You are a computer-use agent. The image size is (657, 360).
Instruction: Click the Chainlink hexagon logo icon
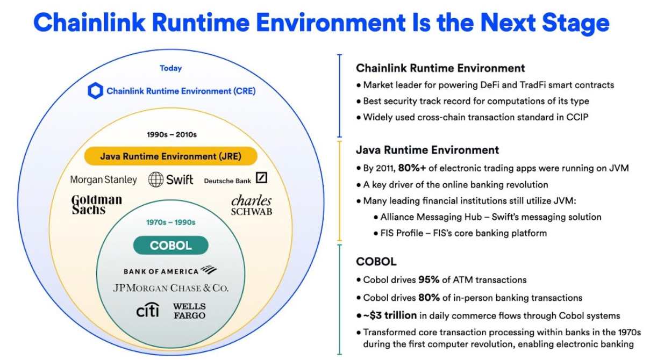coord(95,91)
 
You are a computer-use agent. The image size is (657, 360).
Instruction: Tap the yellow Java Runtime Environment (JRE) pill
coord(171,156)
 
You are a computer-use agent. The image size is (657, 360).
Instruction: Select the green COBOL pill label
coord(171,245)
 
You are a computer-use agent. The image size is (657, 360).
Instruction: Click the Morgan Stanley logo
coord(104,179)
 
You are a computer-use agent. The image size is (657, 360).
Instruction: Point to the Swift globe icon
coord(156,179)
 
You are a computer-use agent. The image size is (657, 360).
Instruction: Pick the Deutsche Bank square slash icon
coord(261,178)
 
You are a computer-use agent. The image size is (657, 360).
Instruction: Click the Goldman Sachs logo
coord(96,204)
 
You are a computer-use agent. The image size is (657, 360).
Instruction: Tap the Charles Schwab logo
coord(252,205)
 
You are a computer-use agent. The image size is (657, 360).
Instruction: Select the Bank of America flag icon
coord(209,269)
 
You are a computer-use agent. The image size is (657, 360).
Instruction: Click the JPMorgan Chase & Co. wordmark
coord(170,288)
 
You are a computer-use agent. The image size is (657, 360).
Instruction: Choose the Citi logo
coord(148,309)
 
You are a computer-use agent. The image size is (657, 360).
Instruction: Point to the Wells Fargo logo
coord(189,311)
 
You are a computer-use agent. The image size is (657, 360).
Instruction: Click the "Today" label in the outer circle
coord(171,68)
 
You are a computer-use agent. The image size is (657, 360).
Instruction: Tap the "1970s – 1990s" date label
coord(171,222)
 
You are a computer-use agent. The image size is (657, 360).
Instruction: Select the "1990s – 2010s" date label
coord(172,134)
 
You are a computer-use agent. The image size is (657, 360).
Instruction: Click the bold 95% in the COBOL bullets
coord(429,280)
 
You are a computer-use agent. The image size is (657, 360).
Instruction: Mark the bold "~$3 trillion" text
coord(390,315)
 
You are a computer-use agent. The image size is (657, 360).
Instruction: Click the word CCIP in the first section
coord(577,117)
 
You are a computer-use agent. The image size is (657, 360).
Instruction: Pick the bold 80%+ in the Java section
coord(412,168)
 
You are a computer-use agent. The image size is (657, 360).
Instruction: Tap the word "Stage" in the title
coord(576,23)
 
